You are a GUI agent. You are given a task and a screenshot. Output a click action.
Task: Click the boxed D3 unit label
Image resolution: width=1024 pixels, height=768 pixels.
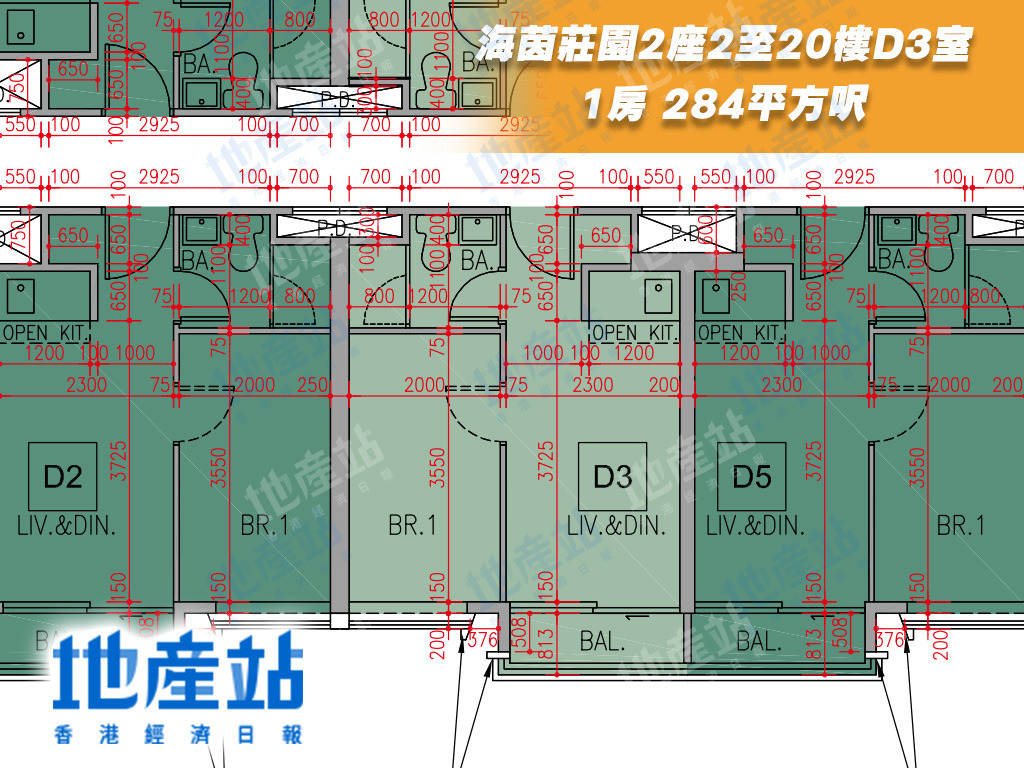(x=612, y=477)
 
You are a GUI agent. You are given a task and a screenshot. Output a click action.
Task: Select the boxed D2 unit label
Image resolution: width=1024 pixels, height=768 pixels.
(x=62, y=477)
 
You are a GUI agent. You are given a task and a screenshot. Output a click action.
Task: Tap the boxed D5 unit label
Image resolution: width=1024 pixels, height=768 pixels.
(x=751, y=477)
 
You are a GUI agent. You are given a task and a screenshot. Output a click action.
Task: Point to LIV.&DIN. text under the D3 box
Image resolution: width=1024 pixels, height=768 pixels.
(x=615, y=525)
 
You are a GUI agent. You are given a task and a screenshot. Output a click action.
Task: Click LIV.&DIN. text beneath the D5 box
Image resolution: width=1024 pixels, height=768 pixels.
(x=755, y=525)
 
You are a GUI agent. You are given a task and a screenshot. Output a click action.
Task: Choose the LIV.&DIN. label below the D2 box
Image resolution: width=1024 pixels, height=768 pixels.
(x=66, y=525)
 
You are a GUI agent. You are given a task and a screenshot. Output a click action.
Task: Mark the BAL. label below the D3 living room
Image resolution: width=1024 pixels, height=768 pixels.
(x=602, y=641)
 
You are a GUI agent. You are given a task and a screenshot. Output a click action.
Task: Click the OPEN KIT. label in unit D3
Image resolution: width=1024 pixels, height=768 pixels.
(x=635, y=332)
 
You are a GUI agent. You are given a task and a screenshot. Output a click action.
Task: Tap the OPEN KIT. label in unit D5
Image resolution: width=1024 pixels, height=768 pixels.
(x=741, y=332)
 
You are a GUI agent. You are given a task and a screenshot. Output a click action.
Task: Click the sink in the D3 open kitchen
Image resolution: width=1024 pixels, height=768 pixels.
(x=657, y=290)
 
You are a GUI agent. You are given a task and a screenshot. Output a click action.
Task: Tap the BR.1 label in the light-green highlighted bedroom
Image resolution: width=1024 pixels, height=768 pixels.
(x=411, y=525)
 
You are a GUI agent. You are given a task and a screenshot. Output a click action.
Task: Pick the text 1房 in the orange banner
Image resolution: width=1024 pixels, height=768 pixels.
(x=614, y=103)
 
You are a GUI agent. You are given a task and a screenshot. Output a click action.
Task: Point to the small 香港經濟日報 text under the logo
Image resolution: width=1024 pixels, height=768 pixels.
(x=178, y=734)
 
